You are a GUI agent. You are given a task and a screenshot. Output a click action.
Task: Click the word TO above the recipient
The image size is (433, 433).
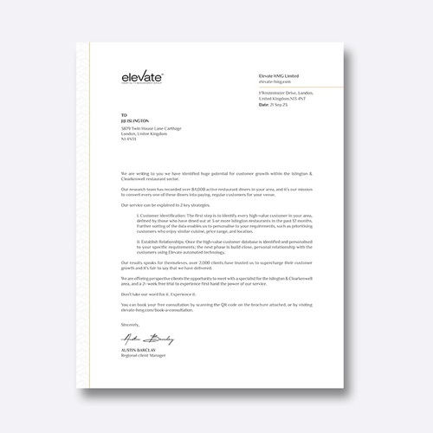[x=123, y=114]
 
